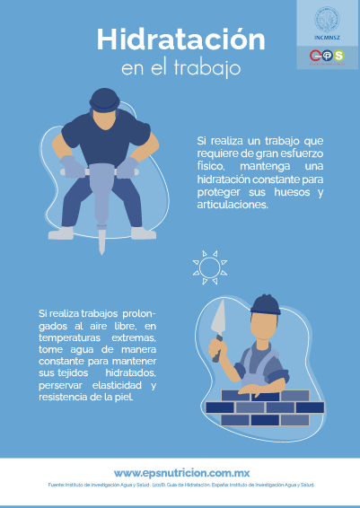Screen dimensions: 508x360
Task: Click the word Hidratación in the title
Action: (180, 40)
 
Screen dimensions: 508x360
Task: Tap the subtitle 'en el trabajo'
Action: (180, 68)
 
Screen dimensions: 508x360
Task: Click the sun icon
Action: (207, 268)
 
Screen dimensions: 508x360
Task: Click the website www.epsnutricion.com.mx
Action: (180, 472)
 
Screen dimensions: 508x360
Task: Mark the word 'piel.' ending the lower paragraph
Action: (119, 398)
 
